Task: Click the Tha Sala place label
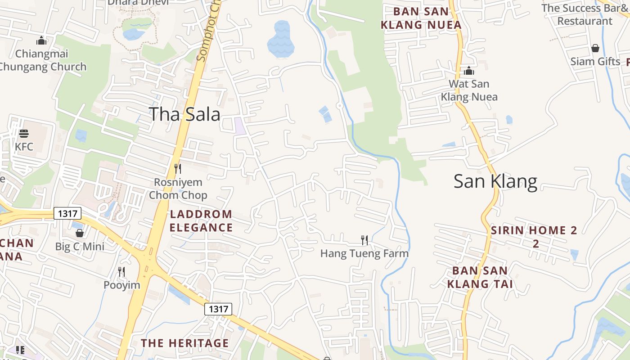[x=184, y=114]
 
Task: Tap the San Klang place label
[x=495, y=181]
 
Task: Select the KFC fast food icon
[x=24, y=134]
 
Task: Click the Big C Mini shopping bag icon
[x=80, y=233]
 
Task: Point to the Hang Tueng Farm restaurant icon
[x=364, y=240]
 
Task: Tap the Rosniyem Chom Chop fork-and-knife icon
[x=178, y=169]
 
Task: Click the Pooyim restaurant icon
[x=121, y=272]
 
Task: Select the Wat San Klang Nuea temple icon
[x=469, y=71]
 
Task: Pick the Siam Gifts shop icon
[x=595, y=48]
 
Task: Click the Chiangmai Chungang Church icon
[x=41, y=40]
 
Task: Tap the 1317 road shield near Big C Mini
[x=67, y=213]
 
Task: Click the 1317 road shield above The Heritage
[x=218, y=309]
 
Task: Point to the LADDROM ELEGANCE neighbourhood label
[x=201, y=221]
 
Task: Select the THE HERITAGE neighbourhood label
[x=185, y=343]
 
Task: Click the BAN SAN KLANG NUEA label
[x=421, y=18]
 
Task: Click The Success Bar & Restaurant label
[x=584, y=14]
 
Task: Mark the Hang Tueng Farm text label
[x=364, y=254]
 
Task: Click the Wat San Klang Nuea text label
[x=469, y=90]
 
